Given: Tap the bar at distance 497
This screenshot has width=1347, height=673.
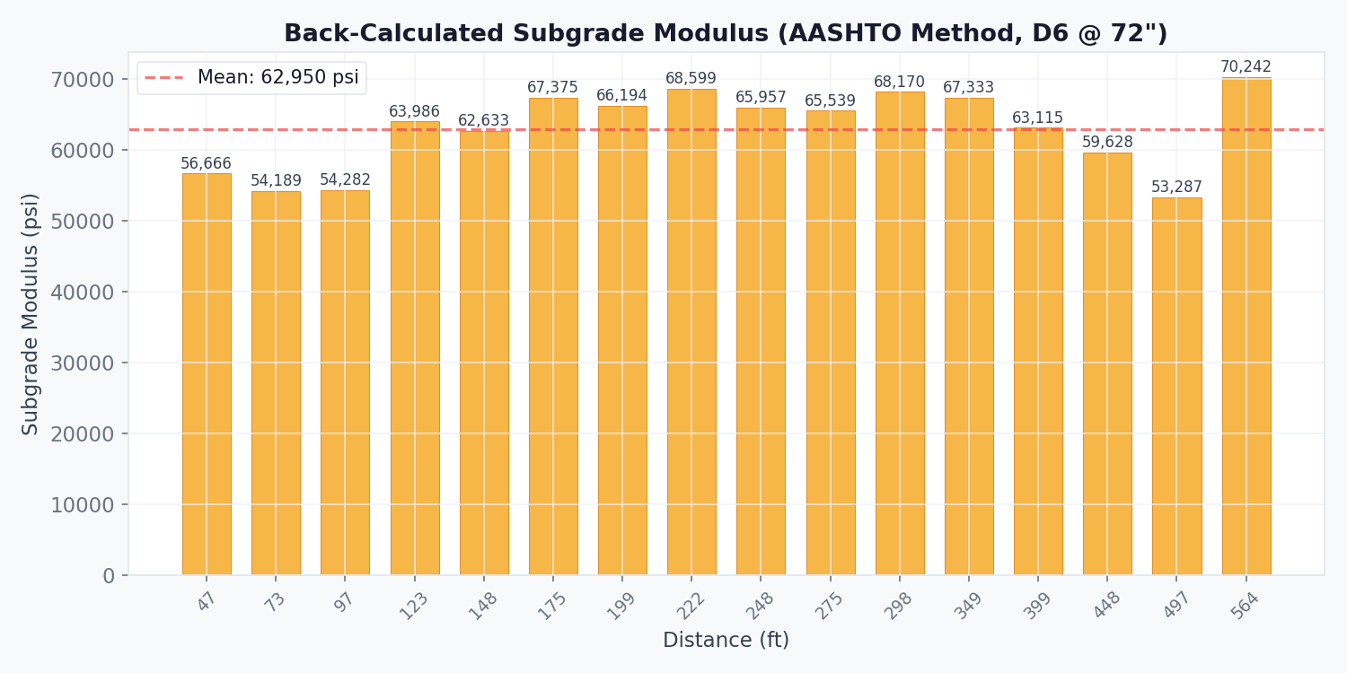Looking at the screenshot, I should coord(1176,386).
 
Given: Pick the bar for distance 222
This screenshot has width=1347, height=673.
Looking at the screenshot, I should coord(691,332).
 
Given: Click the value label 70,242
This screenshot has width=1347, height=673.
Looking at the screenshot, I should coord(1246,67).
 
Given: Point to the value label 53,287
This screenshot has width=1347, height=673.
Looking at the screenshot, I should coord(1176,188).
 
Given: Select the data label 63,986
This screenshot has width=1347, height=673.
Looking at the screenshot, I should coord(414,112).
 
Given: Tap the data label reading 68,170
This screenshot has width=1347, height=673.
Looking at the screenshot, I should coord(899,83).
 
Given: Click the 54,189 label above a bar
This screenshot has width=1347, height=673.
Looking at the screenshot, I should coord(276,181).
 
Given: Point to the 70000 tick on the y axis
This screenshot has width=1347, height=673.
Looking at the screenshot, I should coord(83,80).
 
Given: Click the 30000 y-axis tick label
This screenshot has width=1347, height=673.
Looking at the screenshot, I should coord(83,363).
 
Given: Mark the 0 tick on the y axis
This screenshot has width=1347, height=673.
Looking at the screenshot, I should coord(109,576).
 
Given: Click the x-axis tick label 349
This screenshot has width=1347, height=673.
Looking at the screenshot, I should coord(967,606).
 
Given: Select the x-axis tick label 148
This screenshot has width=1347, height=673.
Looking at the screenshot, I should coord(482,606).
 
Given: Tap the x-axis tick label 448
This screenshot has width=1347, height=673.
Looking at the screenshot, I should coord(1106,606).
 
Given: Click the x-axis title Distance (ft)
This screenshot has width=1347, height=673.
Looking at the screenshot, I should coord(726,641).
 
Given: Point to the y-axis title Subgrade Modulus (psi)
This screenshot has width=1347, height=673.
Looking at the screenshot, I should coord(31,314).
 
